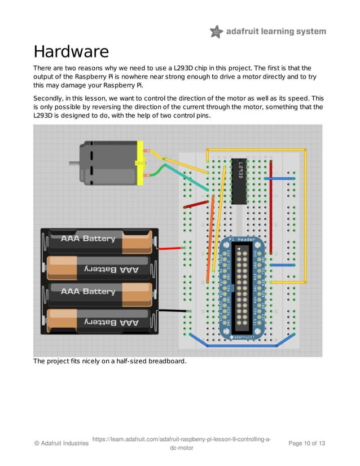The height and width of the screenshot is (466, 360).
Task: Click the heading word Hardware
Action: pyautogui.click(x=71, y=52)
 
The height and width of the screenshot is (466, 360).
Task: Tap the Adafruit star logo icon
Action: pyautogui.click(x=216, y=32)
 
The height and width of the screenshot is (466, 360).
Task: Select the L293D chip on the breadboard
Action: pyautogui.click(x=239, y=181)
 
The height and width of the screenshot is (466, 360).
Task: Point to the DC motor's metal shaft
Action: pyautogui.click(x=74, y=164)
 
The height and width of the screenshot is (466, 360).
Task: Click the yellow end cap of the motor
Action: pyautogui.click(x=140, y=163)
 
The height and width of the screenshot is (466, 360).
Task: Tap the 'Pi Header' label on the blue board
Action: pyautogui.click(x=243, y=240)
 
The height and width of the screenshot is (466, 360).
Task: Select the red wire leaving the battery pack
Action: pyautogui.click(x=170, y=248)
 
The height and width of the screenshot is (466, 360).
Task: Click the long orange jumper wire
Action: pyautogui.click(x=211, y=237)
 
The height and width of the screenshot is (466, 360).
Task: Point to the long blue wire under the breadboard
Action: pyautogui.click(x=243, y=345)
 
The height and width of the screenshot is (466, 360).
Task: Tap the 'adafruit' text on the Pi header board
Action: pyautogui.click(x=243, y=337)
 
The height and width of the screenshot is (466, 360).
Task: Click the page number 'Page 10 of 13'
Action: pyautogui.click(x=306, y=443)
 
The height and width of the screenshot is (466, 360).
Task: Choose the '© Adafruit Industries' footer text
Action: pyautogui.click(x=62, y=443)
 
